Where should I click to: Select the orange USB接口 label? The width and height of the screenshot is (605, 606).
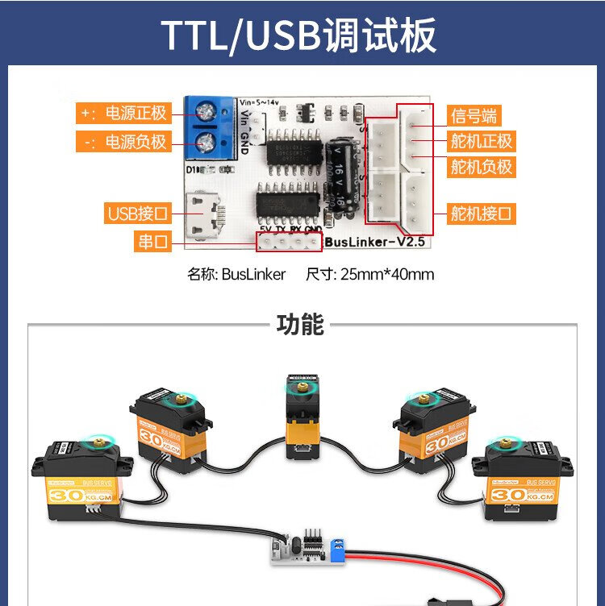pos(138,214)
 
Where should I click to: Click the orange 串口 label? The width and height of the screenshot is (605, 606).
pos(152,241)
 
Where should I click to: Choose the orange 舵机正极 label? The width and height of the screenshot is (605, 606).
pos(481,142)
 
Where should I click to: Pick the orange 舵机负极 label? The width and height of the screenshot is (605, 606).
pos(481,168)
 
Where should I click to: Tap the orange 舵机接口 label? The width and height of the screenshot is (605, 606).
pos(481,214)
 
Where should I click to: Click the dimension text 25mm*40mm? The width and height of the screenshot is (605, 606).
pos(387,274)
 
